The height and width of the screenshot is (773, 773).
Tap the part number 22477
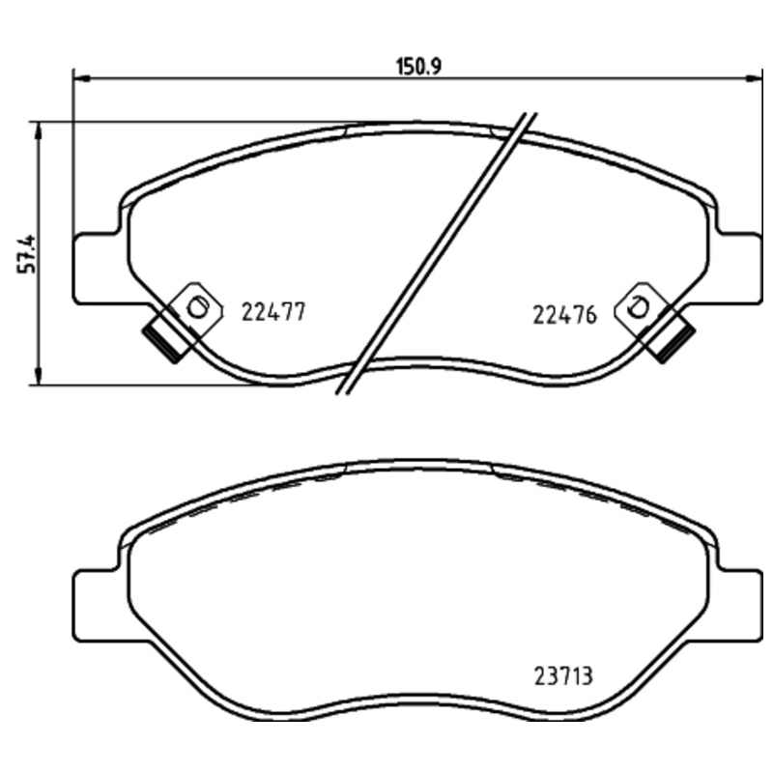click(x=273, y=313)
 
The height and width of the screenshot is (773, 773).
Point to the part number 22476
click(x=564, y=314)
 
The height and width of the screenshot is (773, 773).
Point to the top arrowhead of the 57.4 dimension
click(x=38, y=128)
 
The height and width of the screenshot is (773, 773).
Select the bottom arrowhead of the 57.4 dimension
click(x=38, y=379)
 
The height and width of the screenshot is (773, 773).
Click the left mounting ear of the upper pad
click(x=95, y=267)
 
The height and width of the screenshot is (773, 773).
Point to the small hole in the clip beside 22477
click(x=197, y=308)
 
